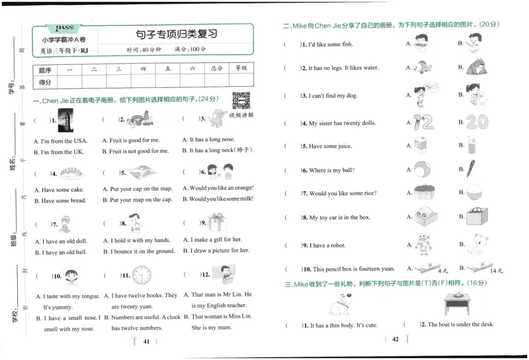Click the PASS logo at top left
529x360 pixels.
65,27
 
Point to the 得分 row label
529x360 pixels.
45,82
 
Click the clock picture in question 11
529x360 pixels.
141,275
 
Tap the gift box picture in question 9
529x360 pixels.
216,222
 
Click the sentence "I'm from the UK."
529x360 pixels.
60,152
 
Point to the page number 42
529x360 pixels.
395,339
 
